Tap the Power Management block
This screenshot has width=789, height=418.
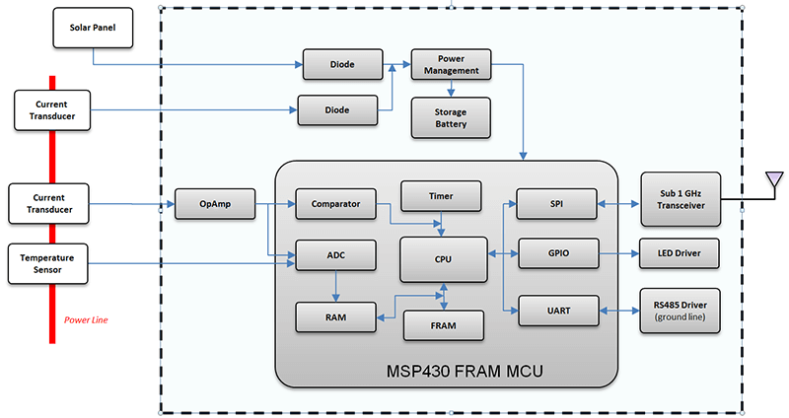point(451,64)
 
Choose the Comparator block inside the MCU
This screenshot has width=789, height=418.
point(336,205)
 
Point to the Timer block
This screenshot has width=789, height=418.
point(441,196)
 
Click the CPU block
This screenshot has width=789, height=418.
point(443,258)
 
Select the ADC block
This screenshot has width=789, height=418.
point(336,256)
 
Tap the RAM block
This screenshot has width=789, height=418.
point(336,317)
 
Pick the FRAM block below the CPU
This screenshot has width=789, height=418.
point(443,324)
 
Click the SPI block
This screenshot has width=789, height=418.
point(557,205)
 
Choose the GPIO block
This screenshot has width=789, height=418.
point(557,254)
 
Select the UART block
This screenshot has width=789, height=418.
point(557,311)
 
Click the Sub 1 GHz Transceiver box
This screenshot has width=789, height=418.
point(680,198)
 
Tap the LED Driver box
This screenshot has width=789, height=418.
point(680,254)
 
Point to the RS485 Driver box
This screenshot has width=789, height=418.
point(680,311)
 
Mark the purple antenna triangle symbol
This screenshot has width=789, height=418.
point(774,179)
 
